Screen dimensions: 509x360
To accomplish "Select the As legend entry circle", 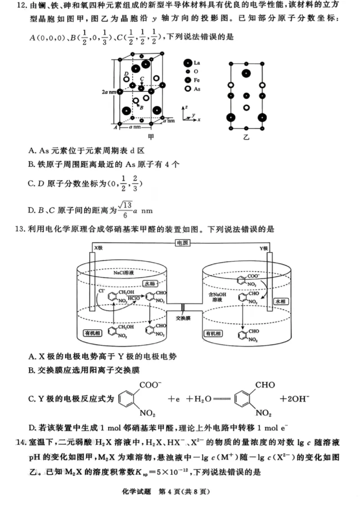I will tap(187, 89).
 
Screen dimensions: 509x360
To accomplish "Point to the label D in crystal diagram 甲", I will tap(127, 73).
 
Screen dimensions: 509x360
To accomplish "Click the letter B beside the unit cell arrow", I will tap(141, 108).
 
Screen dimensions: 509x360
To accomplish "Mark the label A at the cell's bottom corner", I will tap(115, 128).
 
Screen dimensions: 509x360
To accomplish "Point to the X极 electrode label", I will tap(98, 248).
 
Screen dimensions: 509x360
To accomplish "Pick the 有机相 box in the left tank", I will tap(92, 333).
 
